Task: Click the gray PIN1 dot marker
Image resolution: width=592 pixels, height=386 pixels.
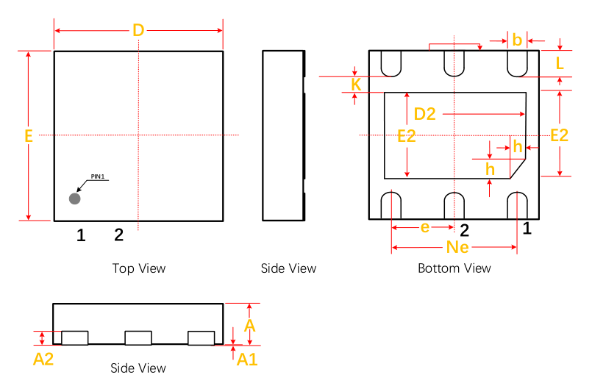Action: [x=74, y=199]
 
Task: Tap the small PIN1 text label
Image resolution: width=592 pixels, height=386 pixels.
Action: [x=99, y=176]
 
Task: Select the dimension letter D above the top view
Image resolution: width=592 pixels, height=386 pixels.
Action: [x=138, y=31]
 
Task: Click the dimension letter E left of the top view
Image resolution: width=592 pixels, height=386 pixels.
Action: [x=29, y=136]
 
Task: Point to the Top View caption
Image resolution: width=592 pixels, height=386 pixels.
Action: [x=139, y=268]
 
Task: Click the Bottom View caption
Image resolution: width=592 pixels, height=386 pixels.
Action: [x=454, y=268]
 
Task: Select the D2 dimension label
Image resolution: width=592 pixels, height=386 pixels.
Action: [x=425, y=114]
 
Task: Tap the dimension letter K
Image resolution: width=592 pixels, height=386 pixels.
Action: [x=356, y=85]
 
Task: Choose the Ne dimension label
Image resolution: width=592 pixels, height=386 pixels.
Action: [x=457, y=248]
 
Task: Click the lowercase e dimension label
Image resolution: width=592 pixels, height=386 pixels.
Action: [x=424, y=228]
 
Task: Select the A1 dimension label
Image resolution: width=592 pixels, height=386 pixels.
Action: [x=247, y=359]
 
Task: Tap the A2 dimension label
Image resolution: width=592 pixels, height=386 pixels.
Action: [x=44, y=359]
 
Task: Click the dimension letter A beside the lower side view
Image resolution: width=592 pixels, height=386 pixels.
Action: [x=250, y=324]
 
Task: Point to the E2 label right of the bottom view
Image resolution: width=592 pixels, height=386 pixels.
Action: [x=560, y=135]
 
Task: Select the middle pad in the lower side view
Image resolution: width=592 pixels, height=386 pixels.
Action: [x=138, y=338]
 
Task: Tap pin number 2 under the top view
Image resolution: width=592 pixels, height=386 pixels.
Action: [x=118, y=235]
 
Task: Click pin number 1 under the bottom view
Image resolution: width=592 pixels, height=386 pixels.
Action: [x=527, y=229]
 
